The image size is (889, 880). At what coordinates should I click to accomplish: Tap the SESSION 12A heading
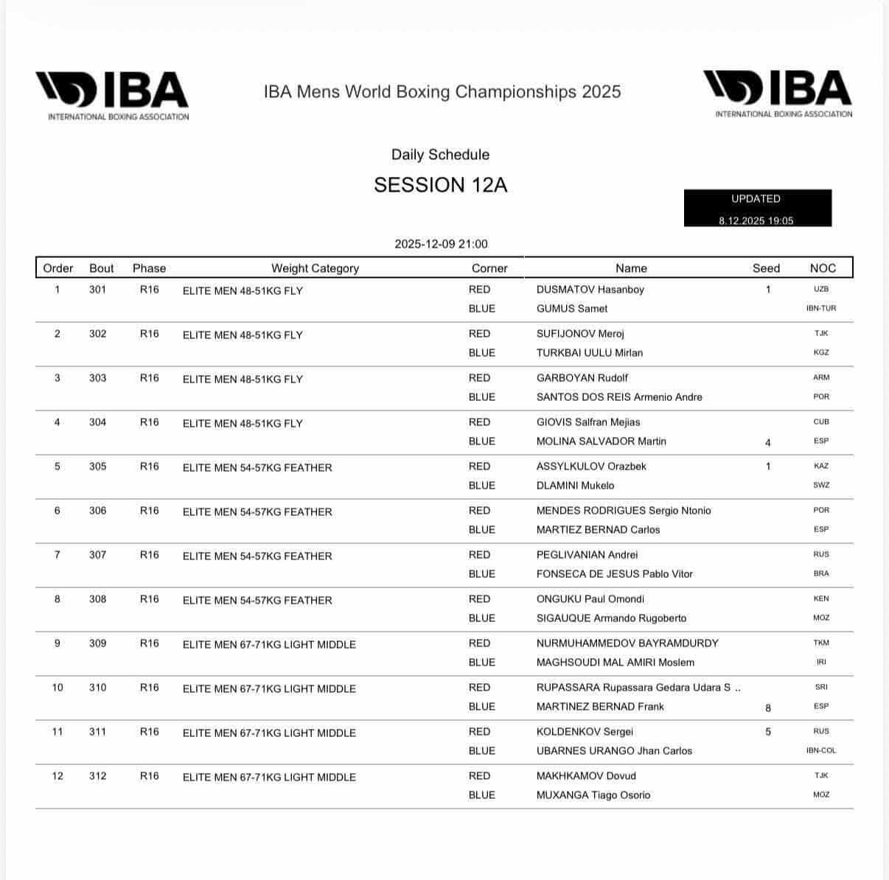coord(440,185)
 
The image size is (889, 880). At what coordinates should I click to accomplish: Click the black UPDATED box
coord(757,209)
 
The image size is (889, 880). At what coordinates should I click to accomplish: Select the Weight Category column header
coord(315,268)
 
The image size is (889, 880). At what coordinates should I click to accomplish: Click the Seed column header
coord(766,268)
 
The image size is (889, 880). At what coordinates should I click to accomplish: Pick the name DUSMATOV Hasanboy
coord(590,290)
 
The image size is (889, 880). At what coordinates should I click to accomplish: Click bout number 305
coord(97,467)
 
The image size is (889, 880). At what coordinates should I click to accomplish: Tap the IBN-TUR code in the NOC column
coord(821,309)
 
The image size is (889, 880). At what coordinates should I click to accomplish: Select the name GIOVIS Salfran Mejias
coord(588,422)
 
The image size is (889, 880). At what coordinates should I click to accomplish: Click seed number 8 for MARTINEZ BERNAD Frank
coord(768,708)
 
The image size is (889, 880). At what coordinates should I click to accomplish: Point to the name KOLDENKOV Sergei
coord(585,732)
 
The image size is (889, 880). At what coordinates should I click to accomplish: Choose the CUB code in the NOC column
coord(821,422)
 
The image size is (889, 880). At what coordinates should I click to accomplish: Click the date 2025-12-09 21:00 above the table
coord(441,244)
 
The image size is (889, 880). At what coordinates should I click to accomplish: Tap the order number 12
coord(57,776)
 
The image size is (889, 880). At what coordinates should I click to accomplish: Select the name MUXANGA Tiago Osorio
coord(593,795)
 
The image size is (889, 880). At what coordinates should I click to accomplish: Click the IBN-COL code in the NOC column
coord(821,751)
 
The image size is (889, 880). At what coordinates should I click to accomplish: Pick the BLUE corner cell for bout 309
coord(481,663)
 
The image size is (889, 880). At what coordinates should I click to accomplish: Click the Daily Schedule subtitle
coord(440,155)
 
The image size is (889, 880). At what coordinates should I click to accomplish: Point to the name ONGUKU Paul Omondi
coord(590,599)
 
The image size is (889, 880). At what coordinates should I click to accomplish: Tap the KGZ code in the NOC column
coord(821,353)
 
